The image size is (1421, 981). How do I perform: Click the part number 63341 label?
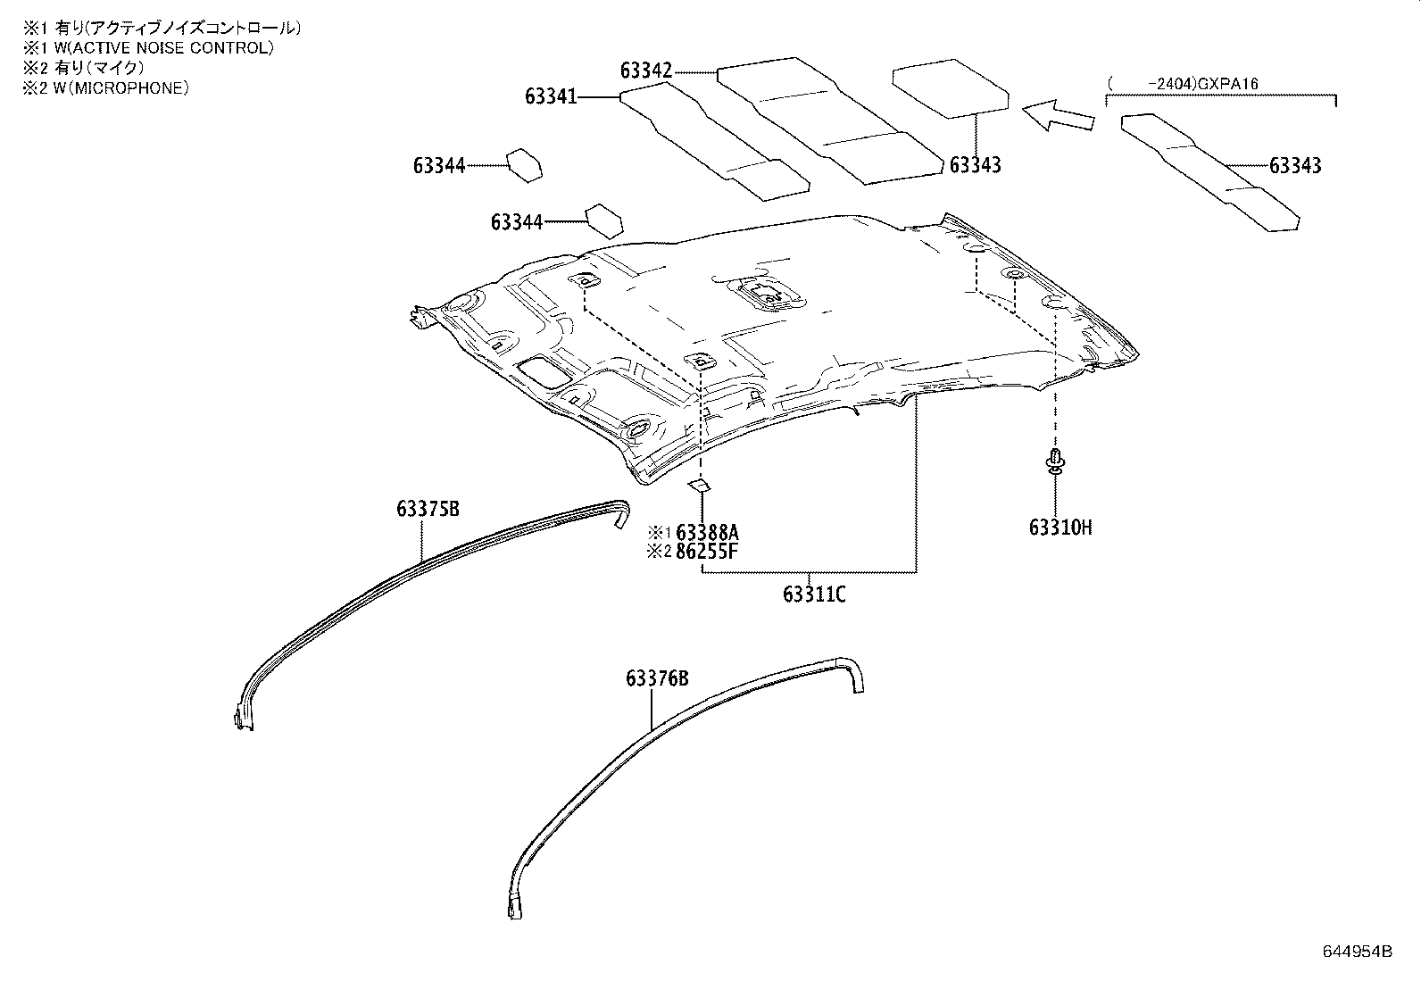click(551, 96)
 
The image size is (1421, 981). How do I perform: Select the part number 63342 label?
click(646, 71)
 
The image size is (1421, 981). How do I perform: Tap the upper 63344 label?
click(438, 166)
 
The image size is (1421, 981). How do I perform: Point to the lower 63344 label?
click(516, 222)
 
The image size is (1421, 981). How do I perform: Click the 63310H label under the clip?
click(1060, 528)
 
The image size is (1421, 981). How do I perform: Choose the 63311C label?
click(814, 594)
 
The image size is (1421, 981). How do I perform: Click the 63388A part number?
click(707, 534)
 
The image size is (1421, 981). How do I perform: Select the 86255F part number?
click(707, 551)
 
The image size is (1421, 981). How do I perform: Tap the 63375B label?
click(428, 510)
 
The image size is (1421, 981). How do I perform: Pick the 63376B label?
click(657, 679)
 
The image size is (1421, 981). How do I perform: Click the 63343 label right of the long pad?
click(1295, 166)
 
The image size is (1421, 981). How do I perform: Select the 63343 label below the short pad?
click(975, 166)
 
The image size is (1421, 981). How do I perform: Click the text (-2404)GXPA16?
click(1183, 84)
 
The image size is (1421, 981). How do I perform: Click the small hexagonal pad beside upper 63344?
click(525, 165)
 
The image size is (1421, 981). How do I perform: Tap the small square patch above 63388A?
click(699, 486)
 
